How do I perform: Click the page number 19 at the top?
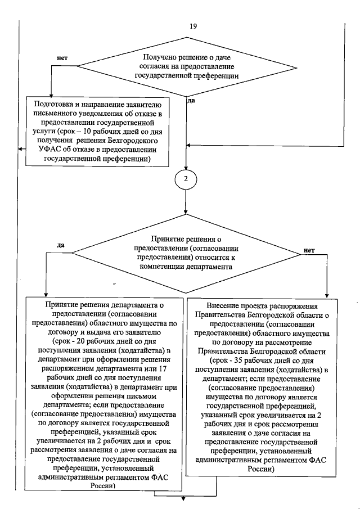pos(194,26)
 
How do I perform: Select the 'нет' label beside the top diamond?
pos(63,58)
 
